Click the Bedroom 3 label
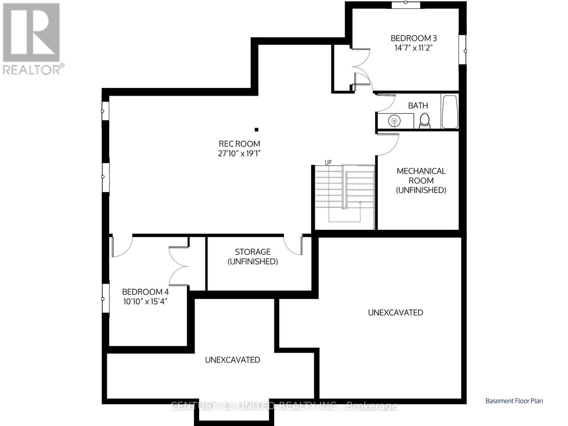pos(414,38)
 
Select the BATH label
pos(418,105)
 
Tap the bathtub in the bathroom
pos(450,111)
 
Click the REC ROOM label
pos(239,144)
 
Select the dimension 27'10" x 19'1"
pos(242,153)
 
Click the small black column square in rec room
pos(256,130)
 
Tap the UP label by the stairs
pos(328,162)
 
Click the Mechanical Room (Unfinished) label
pos(421,180)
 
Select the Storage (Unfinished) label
pos(253,256)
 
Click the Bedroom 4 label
pos(145,292)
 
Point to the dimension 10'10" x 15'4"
pos(145,301)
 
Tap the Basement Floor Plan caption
pos(514,401)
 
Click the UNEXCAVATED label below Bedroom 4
pos(232,360)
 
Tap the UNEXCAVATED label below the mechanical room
pos(395,312)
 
